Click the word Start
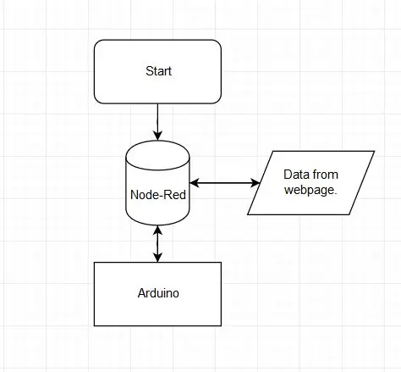158,71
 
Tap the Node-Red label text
158,195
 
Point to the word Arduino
158,293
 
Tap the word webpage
309,190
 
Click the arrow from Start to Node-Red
157,122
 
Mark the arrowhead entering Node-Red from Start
157,136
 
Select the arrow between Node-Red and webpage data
225,183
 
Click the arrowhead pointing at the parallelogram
255,183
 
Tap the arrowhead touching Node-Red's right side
195,183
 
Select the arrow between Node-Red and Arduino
157,244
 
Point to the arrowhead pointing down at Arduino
157,258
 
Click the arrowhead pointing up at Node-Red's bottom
157,230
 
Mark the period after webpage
335,193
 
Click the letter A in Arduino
142,293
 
